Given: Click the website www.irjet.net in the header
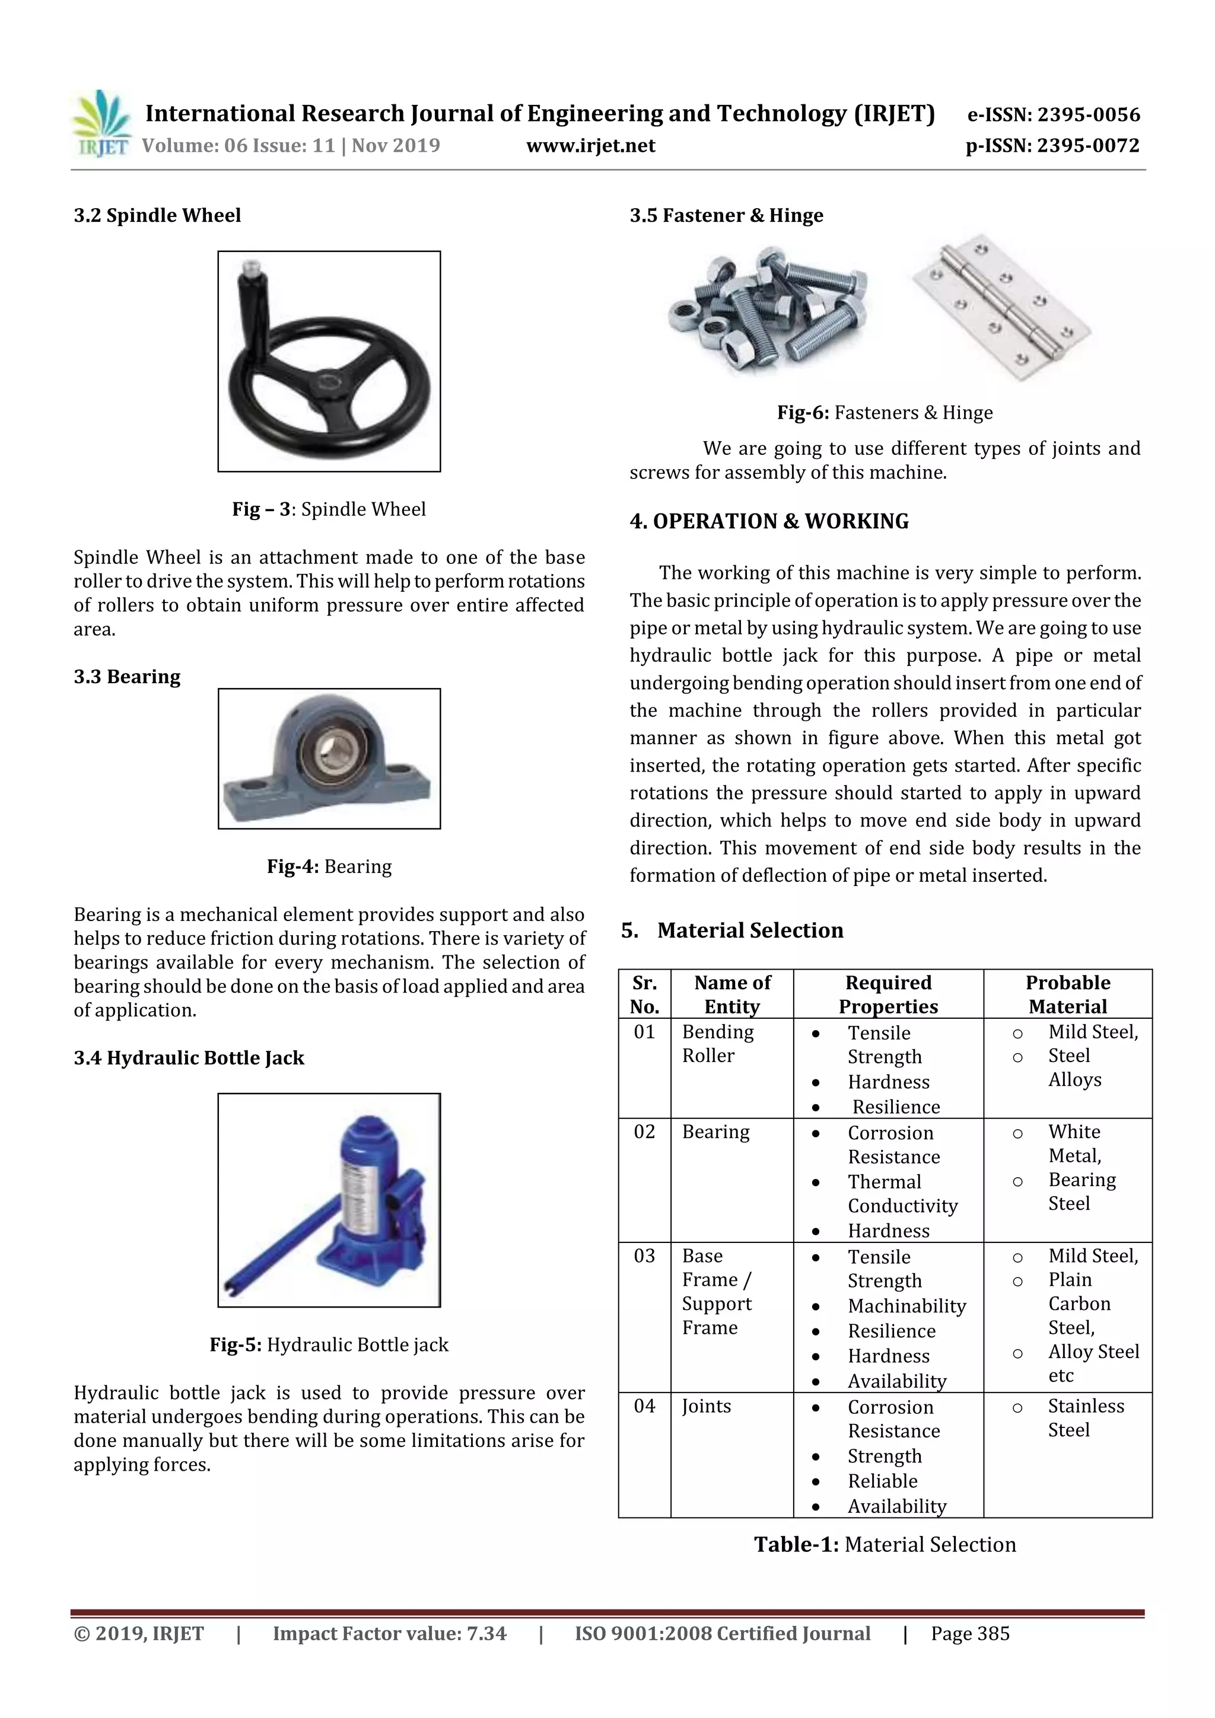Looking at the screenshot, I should (x=591, y=146).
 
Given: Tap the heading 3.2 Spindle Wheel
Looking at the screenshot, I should (x=157, y=215).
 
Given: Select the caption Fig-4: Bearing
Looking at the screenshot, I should (x=329, y=866).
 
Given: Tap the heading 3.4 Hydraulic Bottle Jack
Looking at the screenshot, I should (x=189, y=1058).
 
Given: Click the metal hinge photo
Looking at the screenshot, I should (x=1001, y=307).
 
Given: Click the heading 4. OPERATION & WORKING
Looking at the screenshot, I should (x=769, y=521).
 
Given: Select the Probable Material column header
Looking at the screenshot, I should (x=1067, y=994).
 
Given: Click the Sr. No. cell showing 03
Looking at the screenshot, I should (x=644, y=1255).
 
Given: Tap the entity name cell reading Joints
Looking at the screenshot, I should (x=706, y=1405).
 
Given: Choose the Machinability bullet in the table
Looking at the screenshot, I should (x=906, y=1306).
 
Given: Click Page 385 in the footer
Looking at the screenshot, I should (x=969, y=1633).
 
